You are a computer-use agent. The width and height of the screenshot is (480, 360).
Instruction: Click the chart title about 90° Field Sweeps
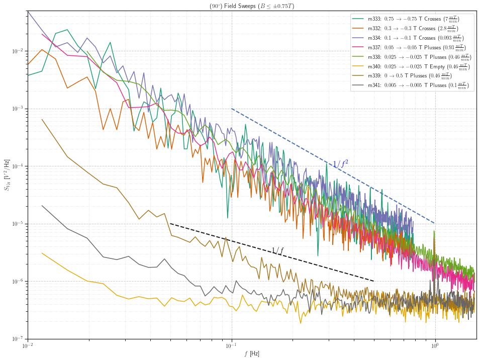coord(252,6)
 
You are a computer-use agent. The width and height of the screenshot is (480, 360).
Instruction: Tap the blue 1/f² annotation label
coord(340,163)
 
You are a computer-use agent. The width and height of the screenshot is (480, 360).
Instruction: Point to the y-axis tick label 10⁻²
coord(18,51)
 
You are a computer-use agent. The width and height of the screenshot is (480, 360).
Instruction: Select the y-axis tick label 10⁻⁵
coord(18,224)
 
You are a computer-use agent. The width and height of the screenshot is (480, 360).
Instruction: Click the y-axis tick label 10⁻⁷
coord(18,339)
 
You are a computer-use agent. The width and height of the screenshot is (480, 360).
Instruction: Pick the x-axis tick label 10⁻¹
coord(231,346)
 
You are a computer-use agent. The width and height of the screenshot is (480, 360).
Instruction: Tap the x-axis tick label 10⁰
coord(435,346)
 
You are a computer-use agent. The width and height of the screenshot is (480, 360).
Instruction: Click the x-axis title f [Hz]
coord(252,354)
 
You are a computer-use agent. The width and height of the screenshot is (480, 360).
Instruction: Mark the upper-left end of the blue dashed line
coord(232,109)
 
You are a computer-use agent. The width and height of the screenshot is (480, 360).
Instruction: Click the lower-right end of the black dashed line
coord(374,282)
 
